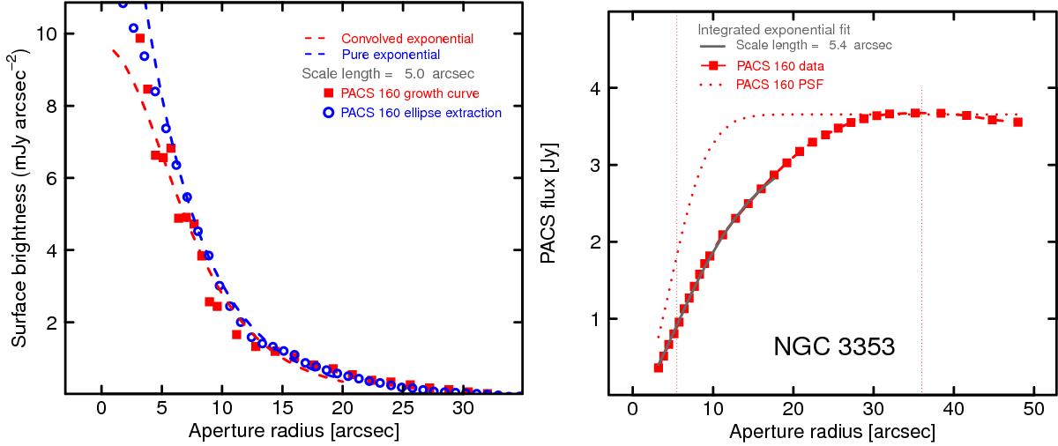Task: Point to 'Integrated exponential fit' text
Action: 767,29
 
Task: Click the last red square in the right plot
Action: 1017,122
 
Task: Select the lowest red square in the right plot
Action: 657,368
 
